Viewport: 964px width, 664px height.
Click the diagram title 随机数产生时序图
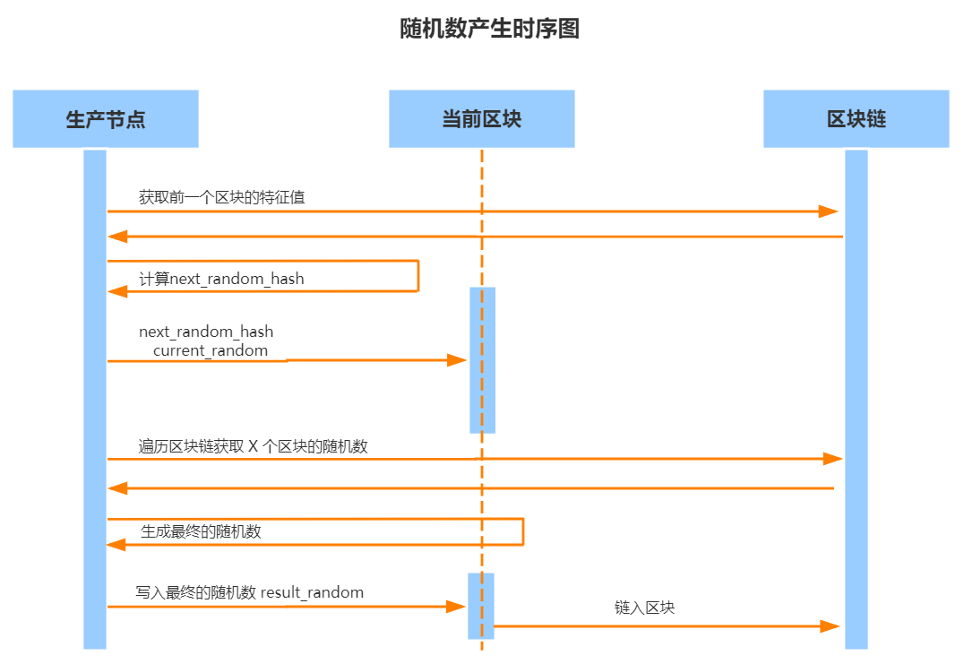(489, 29)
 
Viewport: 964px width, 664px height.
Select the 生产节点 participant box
(106, 118)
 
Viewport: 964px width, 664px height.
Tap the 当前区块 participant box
(481, 118)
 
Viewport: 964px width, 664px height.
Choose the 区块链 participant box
(856, 118)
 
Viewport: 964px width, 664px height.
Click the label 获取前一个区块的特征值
(221, 197)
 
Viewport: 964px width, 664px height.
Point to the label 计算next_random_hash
(221, 279)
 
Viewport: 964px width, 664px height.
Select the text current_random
(211, 350)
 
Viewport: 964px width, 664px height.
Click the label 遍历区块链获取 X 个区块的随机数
(254, 445)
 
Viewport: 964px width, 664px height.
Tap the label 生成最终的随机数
(201, 531)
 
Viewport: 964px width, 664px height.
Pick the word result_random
(312, 592)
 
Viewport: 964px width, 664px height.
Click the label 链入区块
(644, 608)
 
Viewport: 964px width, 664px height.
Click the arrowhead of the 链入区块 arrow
(831, 625)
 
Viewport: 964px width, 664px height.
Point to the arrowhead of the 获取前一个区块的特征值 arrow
(828, 211)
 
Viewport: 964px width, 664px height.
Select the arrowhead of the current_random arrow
(457, 360)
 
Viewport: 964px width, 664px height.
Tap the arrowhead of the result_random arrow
(456, 607)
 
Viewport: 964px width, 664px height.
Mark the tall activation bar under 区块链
(856, 399)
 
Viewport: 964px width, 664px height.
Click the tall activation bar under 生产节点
(95, 399)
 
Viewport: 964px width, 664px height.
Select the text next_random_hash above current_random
(206, 332)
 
